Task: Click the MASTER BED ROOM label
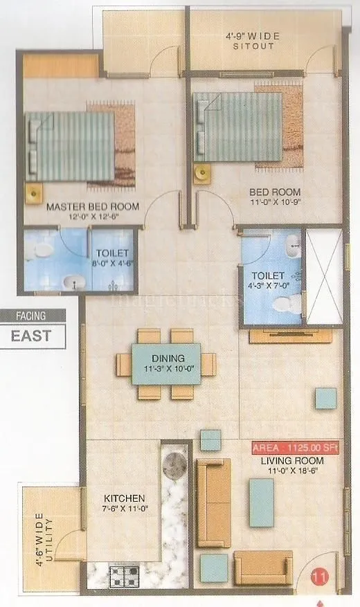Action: tap(92, 206)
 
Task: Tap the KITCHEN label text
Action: tap(125, 498)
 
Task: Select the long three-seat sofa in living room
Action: tap(213, 502)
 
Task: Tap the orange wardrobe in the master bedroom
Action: tap(61, 66)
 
